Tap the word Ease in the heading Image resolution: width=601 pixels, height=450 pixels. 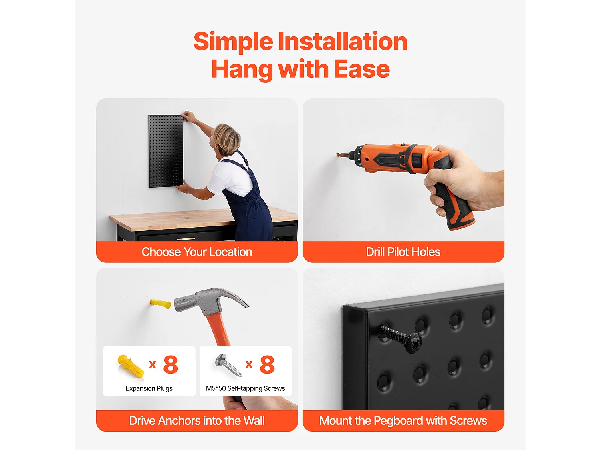362,69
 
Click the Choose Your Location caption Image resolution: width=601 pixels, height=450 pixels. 197,252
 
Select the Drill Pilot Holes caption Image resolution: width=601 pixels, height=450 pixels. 403,252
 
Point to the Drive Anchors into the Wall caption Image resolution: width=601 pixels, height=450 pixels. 197,421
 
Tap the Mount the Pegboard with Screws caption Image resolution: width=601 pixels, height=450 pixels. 403,421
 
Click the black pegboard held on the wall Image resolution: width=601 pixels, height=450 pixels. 166,151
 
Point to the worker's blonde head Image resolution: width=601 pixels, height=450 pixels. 226,139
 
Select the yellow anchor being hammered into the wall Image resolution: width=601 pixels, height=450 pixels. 160,304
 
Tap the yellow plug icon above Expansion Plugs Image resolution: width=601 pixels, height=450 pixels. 131,366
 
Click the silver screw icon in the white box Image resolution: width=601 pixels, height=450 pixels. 228,365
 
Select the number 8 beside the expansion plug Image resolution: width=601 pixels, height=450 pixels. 171,364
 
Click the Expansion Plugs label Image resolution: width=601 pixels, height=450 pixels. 149,388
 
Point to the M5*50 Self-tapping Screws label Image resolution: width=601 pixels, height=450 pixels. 245,388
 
